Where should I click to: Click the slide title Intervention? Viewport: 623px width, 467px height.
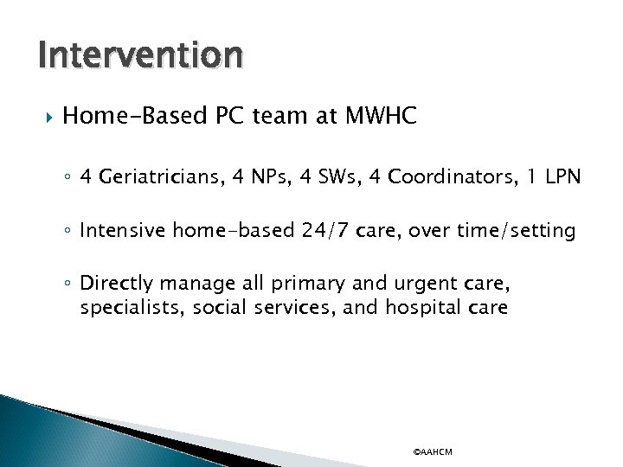pyautogui.click(x=140, y=55)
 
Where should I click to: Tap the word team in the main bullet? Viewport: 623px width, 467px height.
pyautogui.click(x=273, y=118)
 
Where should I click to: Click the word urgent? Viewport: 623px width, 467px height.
pyautogui.click(x=478, y=284)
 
